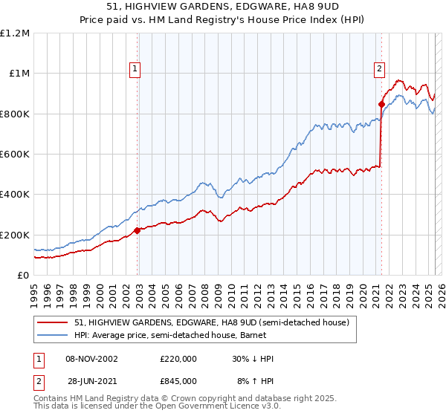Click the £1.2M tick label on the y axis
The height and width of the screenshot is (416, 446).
[15, 33]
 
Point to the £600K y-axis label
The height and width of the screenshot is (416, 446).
[15, 155]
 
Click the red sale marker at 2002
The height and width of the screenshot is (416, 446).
[138, 230]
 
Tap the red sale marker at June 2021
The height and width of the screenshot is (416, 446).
[381, 104]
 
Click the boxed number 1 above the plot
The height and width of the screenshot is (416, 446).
[135, 69]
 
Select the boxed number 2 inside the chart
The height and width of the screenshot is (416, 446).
[379, 69]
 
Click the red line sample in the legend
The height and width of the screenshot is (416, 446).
[54, 322]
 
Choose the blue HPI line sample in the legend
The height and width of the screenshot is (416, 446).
[54, 335]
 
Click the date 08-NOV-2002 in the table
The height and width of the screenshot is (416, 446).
[93, 359]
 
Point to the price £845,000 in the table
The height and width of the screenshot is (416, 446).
[178, 380]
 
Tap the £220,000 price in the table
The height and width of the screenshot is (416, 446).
[178, 359]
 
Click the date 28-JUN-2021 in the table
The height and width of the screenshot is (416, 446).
[93, 380]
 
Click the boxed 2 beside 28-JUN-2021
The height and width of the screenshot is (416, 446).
[39, 380]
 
